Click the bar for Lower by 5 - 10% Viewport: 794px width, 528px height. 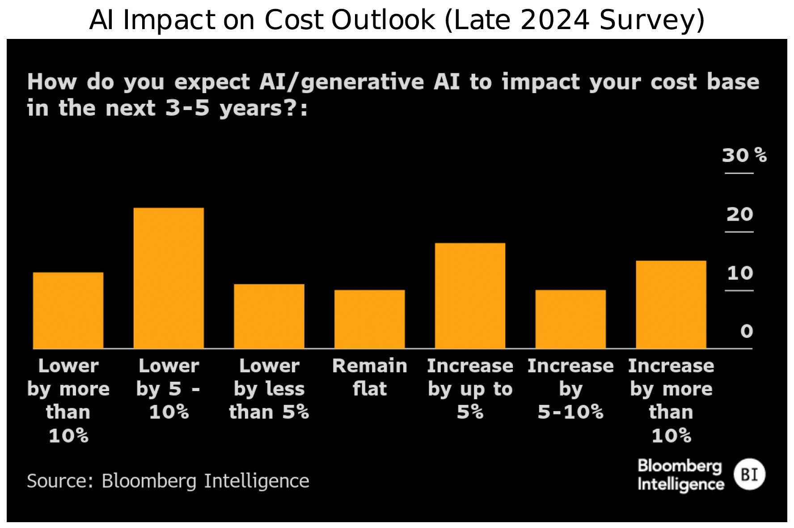click(169, 278)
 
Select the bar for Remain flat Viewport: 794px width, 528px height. click(369, 319)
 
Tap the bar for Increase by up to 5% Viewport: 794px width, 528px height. click(470, 295)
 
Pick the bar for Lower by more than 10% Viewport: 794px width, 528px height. click(68, 310)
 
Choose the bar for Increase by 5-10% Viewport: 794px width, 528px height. click(570, 319)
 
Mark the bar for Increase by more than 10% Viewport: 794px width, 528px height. click(671, 304)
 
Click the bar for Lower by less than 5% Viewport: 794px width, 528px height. click(269, 316)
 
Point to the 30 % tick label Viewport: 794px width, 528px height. click(744, 155)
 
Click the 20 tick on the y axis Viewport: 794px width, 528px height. click(739, 214)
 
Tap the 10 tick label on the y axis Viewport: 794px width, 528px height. click(740, 273)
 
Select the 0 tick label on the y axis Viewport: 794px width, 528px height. click(746, 332)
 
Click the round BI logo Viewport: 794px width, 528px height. click(749, 474)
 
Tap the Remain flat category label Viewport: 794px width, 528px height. click(369, 377)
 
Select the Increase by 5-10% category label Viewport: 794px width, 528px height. click(570, 388)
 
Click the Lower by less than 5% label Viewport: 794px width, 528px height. click(269, 388)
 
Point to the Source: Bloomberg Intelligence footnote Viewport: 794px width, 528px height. click(168, 481)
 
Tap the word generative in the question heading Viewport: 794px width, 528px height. click(362, 82)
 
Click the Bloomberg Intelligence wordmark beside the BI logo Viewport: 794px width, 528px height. click(680, 475)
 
